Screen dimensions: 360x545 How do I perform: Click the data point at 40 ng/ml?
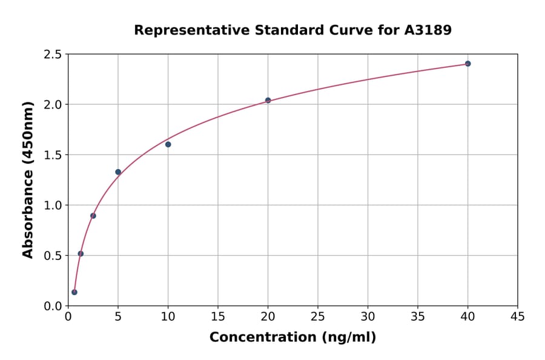(467, 64)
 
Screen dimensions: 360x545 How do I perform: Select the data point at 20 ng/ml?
(268, 100)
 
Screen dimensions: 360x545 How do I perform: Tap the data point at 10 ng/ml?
(168, 144)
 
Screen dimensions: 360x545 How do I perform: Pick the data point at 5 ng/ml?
(118, 172)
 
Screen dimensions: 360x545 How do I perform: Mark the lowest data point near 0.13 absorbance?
(74, 292)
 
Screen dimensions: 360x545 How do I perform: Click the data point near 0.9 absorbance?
(93, 216)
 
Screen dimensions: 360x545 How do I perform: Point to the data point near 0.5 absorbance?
(81, 253)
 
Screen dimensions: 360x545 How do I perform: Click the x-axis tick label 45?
(517, 317)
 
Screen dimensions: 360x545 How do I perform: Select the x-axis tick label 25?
(317, 317)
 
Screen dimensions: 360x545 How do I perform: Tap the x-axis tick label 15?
(217, 317)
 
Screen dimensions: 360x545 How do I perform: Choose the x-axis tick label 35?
(417, 317)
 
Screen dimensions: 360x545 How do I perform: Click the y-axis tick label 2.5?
(53, 55)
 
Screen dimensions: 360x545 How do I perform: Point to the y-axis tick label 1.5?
(53, 155)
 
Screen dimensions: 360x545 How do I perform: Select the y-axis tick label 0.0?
(53, 306)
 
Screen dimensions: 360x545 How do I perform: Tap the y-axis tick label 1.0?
(53, 205)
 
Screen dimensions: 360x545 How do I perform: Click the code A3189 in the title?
(428, 30)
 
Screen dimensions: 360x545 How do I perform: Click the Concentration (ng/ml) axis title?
(292, 338)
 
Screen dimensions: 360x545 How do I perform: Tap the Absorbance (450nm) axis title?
(28, 179)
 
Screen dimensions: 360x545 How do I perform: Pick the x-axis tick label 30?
(368, 317)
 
